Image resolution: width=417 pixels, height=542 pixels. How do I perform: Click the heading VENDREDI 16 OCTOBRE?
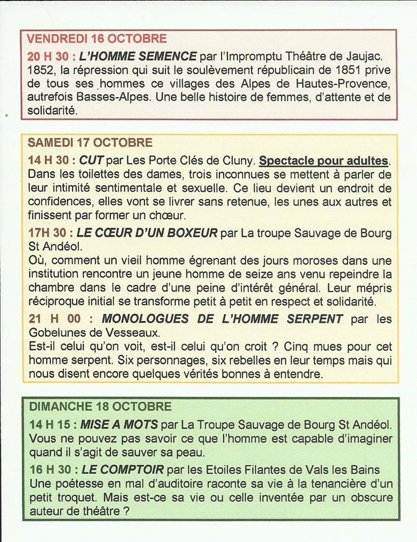(x=97, y=39)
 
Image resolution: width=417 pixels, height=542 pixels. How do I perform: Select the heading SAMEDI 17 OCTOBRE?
(x=90, y=143)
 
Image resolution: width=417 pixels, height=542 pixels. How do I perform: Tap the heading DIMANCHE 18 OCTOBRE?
(x=100, y=407)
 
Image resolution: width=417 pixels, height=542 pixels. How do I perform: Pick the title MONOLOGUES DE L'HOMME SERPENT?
(x=222, y=319)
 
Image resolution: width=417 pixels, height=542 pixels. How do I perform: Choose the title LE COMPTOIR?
(x=123, y=470)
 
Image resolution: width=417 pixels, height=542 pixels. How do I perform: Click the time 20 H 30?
(x=50, y=56)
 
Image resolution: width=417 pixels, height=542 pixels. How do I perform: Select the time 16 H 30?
(x=50, y=470)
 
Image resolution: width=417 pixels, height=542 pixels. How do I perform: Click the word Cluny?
(x=235, y=161)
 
